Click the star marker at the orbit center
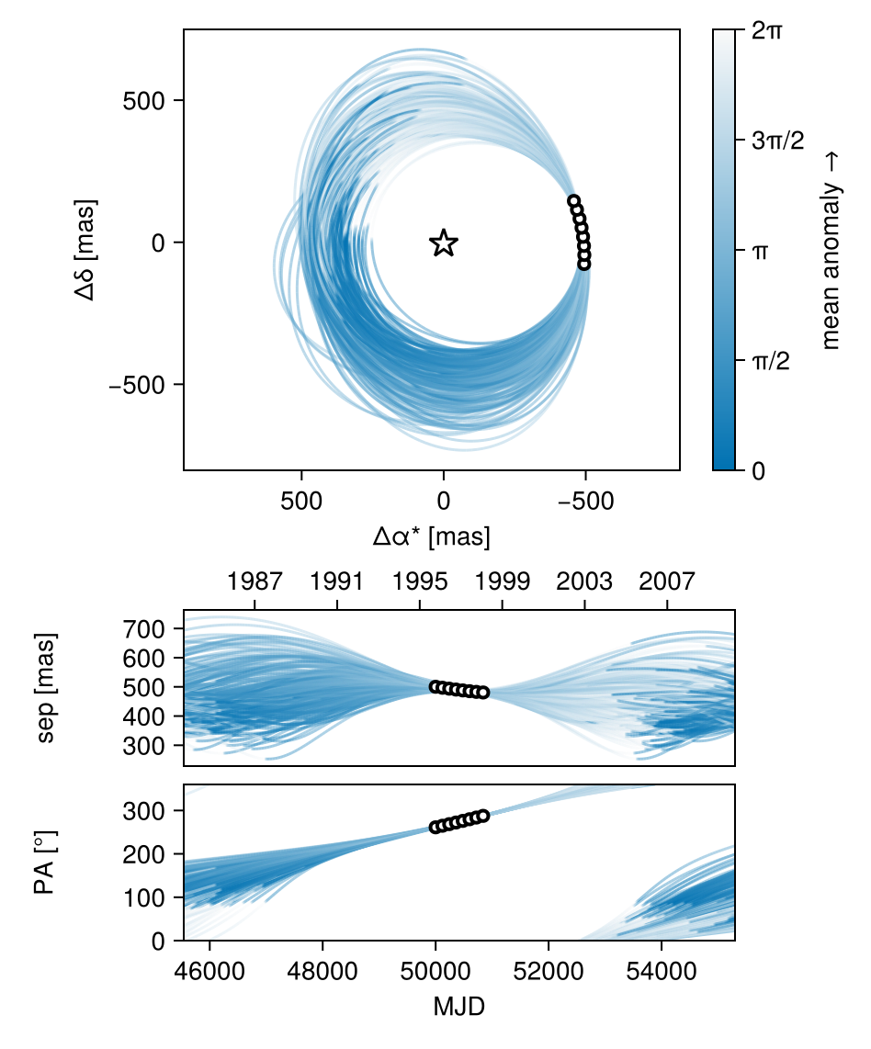444,243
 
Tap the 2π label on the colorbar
767,30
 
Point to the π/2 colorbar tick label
773,360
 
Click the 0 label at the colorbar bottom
759,470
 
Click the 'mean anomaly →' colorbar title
831,251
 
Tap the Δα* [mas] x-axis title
431,536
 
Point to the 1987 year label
255,581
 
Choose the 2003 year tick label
584,581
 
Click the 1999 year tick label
502,581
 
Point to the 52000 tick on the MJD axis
549,970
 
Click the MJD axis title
459,1007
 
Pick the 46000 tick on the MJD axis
209,970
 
